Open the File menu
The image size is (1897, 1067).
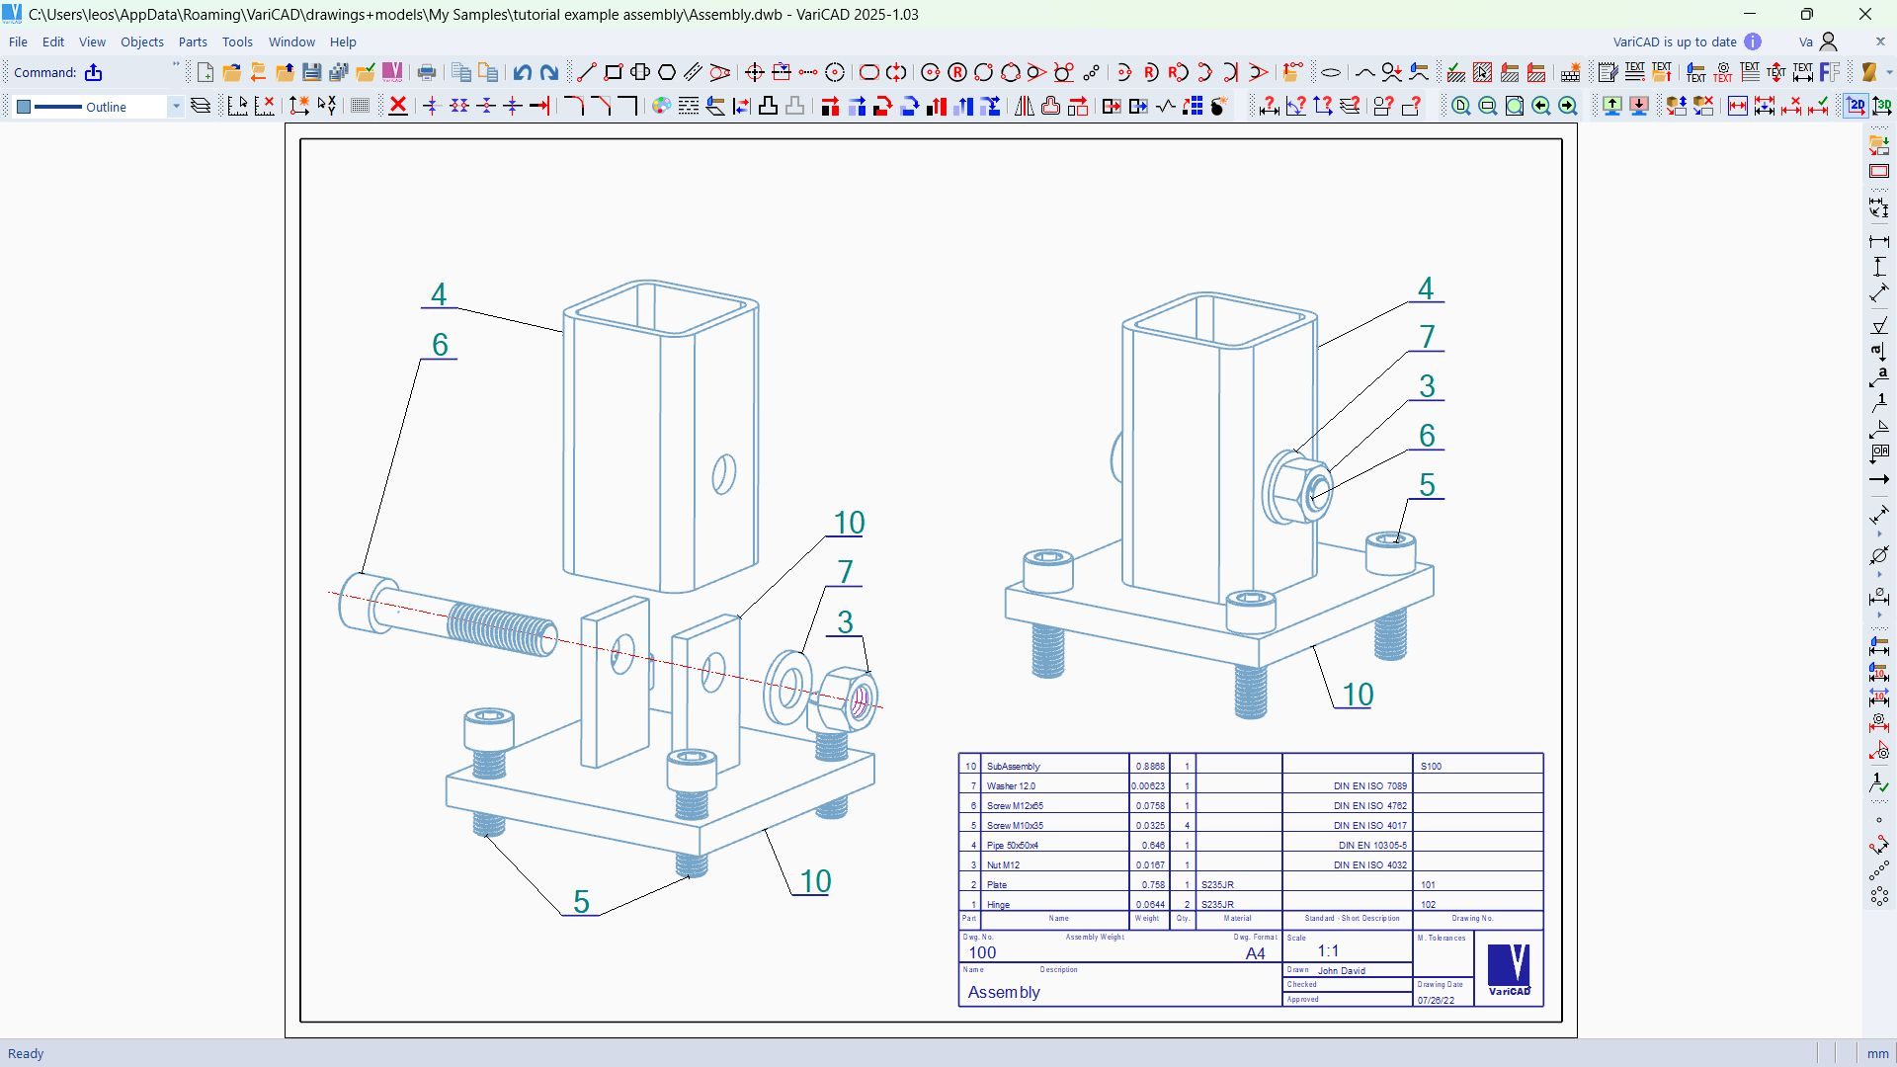(18, 42)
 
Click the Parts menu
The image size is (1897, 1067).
(193, 42)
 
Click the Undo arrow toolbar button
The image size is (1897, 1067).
(523, 72)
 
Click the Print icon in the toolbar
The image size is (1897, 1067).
(427, 72)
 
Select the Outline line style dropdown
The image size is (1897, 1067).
(99, 107)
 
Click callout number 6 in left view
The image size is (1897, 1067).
(440, 345)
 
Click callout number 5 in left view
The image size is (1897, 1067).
(581, 901)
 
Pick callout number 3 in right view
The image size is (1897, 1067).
(1427, 386)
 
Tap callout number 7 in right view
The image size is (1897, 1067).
(1427, 337)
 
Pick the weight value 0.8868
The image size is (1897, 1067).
(1149, 767)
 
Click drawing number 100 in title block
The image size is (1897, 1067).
(982, 952)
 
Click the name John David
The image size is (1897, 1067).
(1341, 971)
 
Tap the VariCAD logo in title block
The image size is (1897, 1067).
(1509, 969)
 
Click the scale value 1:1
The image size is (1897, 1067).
(1328, 951)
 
